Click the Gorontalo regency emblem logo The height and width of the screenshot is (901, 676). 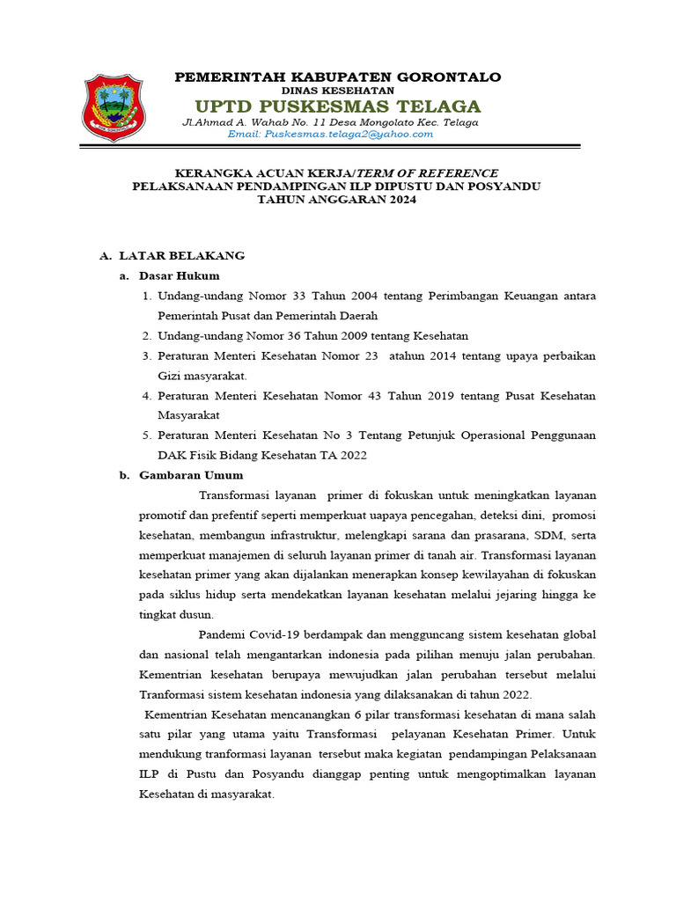(x=113, y=107)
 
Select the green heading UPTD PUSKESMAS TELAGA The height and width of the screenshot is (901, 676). (x=338, y=106)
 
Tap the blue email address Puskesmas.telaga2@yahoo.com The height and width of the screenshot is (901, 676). (x=330, y=134)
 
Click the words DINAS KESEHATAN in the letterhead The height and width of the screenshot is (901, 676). (x=338, y=91)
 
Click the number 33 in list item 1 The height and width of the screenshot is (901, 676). (x=294, y=296)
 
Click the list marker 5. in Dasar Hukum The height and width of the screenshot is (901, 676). (x=146, y=436)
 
